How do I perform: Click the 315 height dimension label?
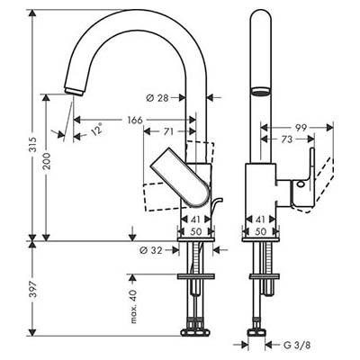(x=32, y=145)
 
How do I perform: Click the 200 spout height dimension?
(x=47, y=161)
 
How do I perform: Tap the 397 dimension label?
(x=32, y=289)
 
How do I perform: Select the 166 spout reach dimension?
(x=135, y=121)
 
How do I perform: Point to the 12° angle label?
(x=96, y=130)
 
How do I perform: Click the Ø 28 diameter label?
(x=157, y=98)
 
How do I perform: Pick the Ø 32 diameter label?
(x=151, y=250)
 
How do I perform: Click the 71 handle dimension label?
(x=168, y=131)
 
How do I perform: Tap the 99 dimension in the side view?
(x=301, y=128)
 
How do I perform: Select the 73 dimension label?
(x=286, y=139)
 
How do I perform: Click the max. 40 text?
(x=134, y=306)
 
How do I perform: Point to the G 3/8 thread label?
(x=297, y=346)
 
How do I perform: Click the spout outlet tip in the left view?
(x=74, y=91)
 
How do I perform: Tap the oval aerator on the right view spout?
(x=260, y=91)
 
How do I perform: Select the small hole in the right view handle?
(x=301, y=184)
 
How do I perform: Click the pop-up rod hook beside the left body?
(x=217, y=205)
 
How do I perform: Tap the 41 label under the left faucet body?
(x=195, y=220)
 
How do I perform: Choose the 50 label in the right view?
(x=261, y=231)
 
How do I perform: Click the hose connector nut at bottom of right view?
(x=256, y=332)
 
